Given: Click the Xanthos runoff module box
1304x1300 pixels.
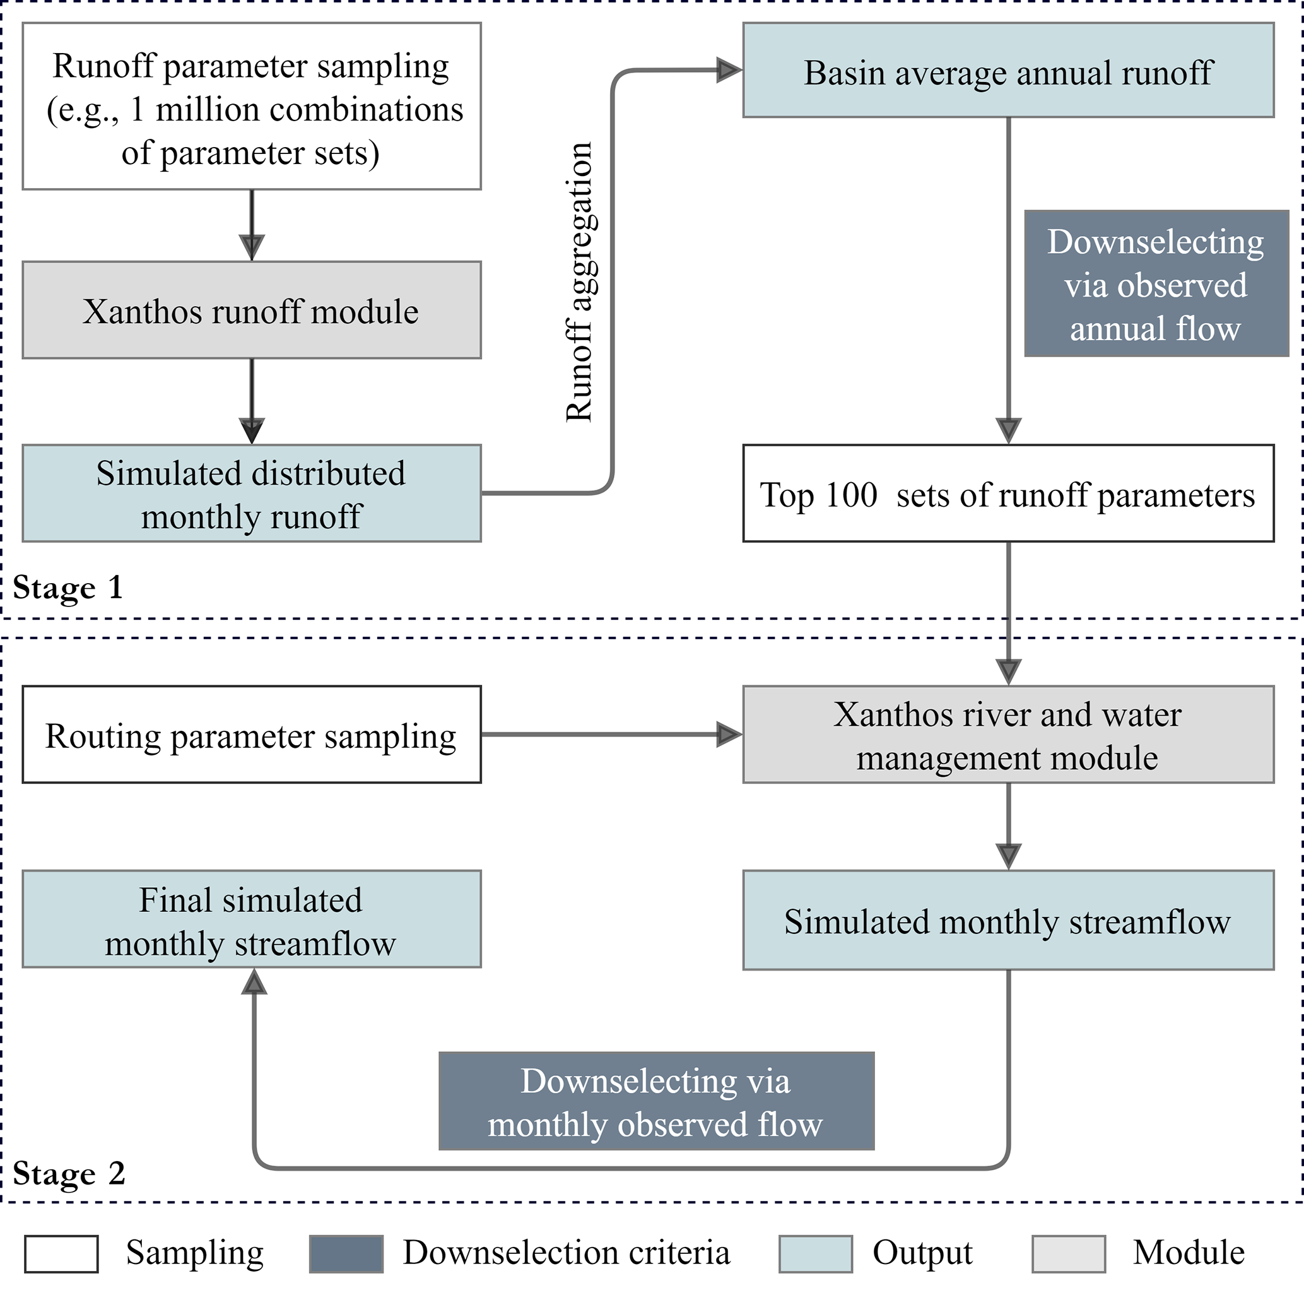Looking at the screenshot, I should pyautogui.click(x=251, y=310).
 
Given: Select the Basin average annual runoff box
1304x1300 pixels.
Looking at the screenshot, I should pyautogui.click(x=1007, y=70).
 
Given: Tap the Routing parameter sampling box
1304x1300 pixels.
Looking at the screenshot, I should pyautogui.click(x=251, y=735).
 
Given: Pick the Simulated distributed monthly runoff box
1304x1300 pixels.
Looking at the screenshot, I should pyautogui.click(x=251, y=493).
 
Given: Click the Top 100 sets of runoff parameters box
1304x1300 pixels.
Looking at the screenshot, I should pyautogui.click(x=1007, y=493).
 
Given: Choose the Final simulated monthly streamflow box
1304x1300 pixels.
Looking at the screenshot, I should pyautogui.click(x=251, y=919).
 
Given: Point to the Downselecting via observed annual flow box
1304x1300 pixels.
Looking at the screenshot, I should pyautogui.click(x=1156, y=283).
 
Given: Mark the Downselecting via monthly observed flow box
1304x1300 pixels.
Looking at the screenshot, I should pyautogui.click(x=656, y=1101).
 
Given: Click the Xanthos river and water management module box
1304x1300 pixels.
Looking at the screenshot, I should pyautogui.click(x=1007, y=735).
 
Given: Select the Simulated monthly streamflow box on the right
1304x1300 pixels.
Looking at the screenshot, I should pyautogui.click(x=1007, y=920).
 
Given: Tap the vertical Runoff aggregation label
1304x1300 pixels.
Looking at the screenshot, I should pyautogui.click(x=579, y=281).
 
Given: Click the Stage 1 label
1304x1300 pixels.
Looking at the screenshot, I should pyautogui.click(x=68, y=587).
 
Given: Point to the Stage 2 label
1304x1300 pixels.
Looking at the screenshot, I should pyautogui.click(x=69, y=1173).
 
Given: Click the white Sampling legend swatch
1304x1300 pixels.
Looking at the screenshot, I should pyautogui.click(x=61, y=1254).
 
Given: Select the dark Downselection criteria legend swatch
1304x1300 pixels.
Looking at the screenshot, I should pyautogui.click(x=346, y=1254).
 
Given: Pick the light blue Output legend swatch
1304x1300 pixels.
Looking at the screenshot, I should pyautogui.click(x=815, y=1254).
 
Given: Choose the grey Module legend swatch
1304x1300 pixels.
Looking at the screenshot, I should pyautogui.click(x=1069, y=1254).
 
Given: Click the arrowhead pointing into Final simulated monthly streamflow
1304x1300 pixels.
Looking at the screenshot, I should pyautogui.click(x=254, y=983).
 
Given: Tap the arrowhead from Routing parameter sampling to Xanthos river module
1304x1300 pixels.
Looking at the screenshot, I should pyautogui.click(x=728, y=734).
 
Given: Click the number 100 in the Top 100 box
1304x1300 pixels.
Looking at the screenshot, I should pyautogui.click(x=851, y=494).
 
